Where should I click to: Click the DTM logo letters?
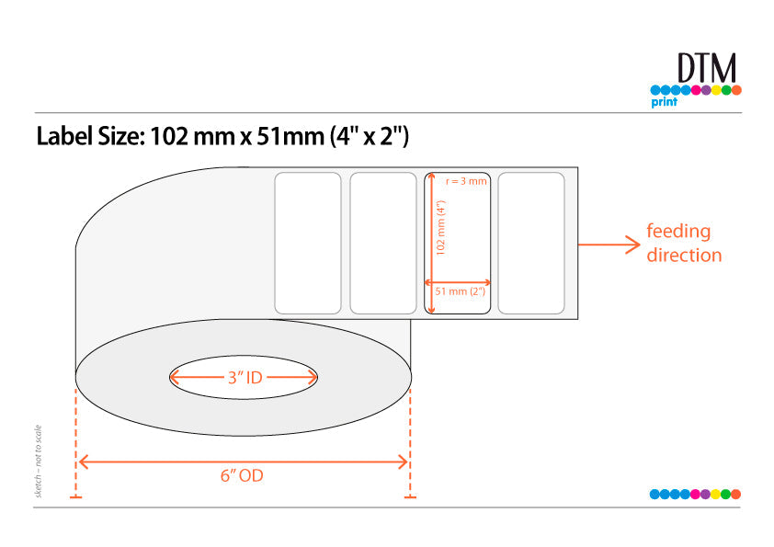pos(706,68)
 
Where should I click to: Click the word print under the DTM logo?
pos(664,102)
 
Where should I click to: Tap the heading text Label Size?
pos(91,136)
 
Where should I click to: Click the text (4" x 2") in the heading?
pos(370,136)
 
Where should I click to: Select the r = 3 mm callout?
pos(466,181)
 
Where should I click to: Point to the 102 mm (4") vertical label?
pos(441,227)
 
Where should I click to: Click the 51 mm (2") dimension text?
pos(460,291)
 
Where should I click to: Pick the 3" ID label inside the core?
pos(245,378)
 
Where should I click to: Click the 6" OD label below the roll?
pos(242,475)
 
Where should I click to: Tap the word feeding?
pos(678,231)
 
